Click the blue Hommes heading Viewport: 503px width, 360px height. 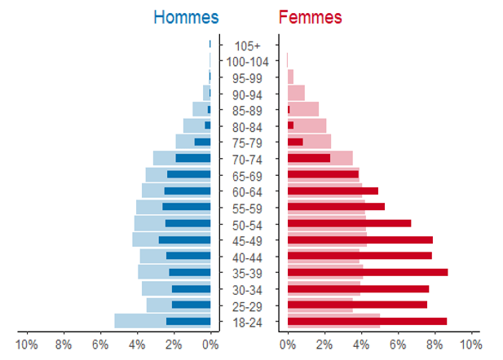coord(186,17)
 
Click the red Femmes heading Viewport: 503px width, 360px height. coord(311,17)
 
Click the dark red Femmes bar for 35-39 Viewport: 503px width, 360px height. coord(367,272)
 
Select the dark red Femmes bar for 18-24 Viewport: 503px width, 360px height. coord(367,321)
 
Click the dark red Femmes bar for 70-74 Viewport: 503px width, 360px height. coord(308,158)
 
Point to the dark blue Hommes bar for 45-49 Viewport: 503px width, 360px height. coord(184,239)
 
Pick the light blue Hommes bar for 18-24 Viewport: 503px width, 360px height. coord(140,321)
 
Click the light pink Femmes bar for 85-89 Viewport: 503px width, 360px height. coord(306,108)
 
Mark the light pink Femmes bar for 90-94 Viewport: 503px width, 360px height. coord(296,92)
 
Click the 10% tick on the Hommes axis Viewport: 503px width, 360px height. coord(27,344)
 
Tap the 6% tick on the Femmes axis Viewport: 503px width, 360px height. coord(398,344)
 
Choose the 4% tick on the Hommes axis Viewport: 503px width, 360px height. coord(137,344)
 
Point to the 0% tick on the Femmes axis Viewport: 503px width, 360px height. coord(288,344)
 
